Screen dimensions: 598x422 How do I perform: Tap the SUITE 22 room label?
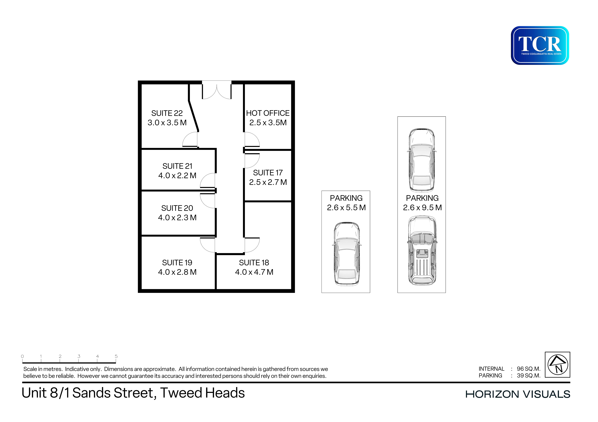click(x=167, y=113)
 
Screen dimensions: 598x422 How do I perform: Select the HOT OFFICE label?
click(x=268, y=113)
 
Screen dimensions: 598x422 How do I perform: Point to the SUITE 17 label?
click(x=268, y=173)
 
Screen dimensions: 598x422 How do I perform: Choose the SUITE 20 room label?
click(x=177, y=208)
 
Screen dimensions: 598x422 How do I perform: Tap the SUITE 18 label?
click(x=254, y=263)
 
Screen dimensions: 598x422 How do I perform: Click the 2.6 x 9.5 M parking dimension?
click(x=422, y=208)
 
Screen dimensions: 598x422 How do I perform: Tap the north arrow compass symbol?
click(x=558, y=365)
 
